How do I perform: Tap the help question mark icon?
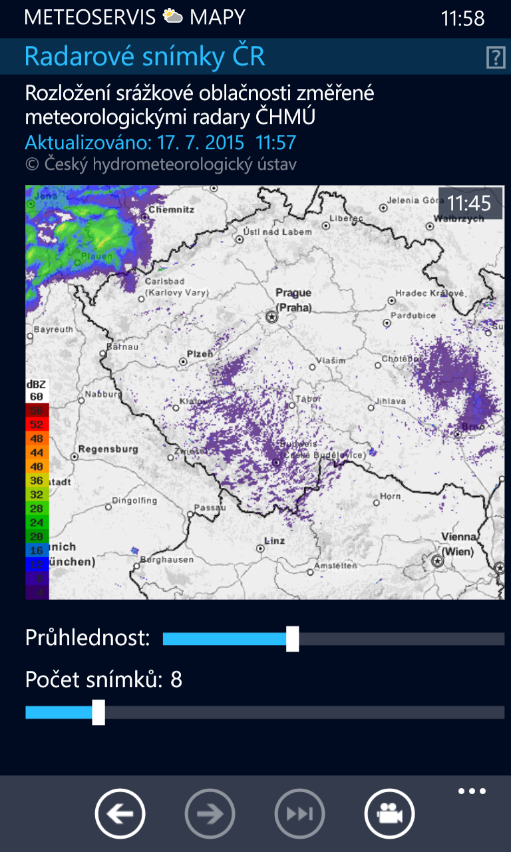[x=496, y=58]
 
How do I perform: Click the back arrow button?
[x=120, y=813]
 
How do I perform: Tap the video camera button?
[x=389, y=813]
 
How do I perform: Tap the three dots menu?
[x=472, y=791]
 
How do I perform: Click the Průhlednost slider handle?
[x=292, y=639]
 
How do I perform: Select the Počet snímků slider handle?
[x=98, y=712]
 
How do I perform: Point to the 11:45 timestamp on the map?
[x=468, y=203]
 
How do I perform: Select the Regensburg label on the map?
[x=108, y=449]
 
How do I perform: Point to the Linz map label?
[x=274, y=540]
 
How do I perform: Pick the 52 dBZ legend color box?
[x=37, y=425]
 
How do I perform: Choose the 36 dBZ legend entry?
[x=37, y=481]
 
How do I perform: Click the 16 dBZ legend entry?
[x=37, y=550]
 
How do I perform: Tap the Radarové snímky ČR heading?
[x=144, y=57]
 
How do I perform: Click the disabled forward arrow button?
[x=210, y=813]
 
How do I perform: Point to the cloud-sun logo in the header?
[x=173, y=17]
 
